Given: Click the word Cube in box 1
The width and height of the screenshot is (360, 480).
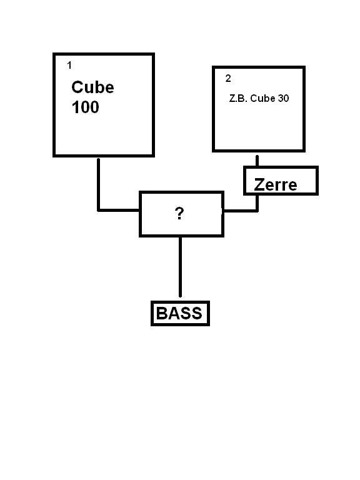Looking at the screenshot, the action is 92,87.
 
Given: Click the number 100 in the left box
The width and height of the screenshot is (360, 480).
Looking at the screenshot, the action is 86,107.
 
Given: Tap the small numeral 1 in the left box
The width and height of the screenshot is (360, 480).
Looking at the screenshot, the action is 69,65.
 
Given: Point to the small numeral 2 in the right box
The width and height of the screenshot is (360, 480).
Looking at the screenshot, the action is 228,78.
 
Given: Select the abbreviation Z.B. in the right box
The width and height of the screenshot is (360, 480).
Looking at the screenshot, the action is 238,98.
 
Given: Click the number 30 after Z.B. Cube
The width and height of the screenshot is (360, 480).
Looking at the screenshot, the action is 284,98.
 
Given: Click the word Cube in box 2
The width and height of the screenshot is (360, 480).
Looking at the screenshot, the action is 262,98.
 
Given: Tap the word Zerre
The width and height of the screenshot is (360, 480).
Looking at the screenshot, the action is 276,184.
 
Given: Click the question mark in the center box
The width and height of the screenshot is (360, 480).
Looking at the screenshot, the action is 179,213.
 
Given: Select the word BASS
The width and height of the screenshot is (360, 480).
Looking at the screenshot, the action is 179,313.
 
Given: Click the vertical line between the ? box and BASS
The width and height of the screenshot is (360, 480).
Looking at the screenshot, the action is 180,267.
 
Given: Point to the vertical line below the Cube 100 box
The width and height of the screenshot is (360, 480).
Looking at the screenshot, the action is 98,184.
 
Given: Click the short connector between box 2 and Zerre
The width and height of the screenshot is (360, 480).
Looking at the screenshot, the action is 257,161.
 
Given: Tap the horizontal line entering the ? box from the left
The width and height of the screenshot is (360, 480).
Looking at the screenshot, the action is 119,210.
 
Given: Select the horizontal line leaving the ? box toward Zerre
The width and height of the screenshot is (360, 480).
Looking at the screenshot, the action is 241,211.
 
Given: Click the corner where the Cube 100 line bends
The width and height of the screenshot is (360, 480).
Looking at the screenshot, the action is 98,210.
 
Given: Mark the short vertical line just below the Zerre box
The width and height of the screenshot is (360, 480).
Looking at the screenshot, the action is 257,202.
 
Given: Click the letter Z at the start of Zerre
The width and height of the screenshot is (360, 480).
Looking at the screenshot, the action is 259,184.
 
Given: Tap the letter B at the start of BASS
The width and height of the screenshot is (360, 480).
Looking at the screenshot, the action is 161,313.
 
